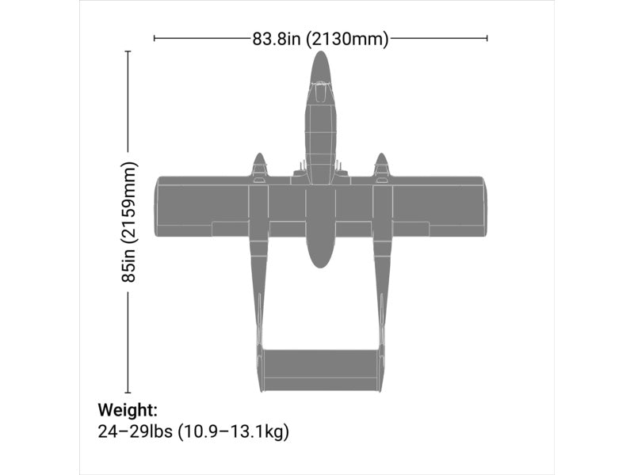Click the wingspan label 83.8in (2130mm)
pyautogui.click(x=320, y=39)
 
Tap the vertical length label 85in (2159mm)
pyautogui.click(x=129, y=222)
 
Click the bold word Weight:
pyautogui.click(x=128, y=410)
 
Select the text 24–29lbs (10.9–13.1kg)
pyautogui.click(x=193, y=431)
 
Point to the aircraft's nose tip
pyautogui.click(x=320, y=53)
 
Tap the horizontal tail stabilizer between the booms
pyautogui.click(x=320, y=370)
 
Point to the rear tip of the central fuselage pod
pyautogui.click(x=319, y=265)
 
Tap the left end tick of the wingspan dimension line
pyautogui.click(x=155, y=37)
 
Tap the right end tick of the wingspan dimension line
pyautogui.click(x=487, y=37)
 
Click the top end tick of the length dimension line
pyautogui.click(x=128, y=51)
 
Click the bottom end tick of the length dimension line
pyautogui.click(x=128, y=392)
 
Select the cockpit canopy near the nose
pyautogui.click(x=319, y=93)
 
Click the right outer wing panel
pyautogui.click(x=437, y=206)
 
